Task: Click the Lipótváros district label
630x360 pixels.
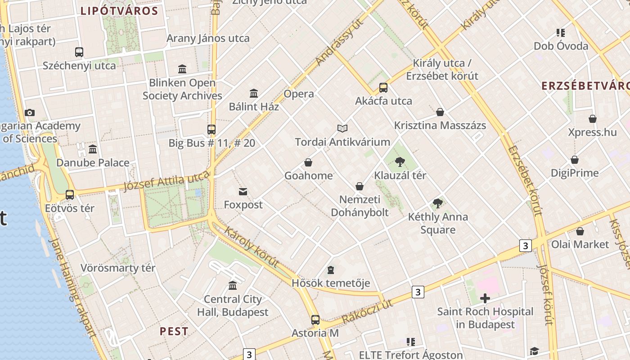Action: click(x=119, y=11)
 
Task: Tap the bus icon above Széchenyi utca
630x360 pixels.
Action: click(x=79, y=52)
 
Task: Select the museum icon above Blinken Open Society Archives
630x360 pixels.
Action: click(x=182, y=69)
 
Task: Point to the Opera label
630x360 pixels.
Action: click(x=299, y=94)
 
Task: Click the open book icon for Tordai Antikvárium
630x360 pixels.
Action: click(x=342, y=129)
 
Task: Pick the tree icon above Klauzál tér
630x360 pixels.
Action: click(x=400, y=162)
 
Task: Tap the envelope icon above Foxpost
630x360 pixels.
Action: click(x=243, y=192)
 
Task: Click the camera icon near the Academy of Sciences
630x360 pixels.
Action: click(x=30, y=112)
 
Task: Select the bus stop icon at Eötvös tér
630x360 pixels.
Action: click(x=70, y=195)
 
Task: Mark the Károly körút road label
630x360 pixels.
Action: click(x=251, y=247)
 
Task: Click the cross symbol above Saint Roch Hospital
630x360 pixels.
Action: click(x=485, y=298)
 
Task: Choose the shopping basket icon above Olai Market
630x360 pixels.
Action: click(x=580, y=231)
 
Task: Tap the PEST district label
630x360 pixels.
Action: click(x=174, y=332)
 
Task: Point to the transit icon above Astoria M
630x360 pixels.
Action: click(x=315, y=320)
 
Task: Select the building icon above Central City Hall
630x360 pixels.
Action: click(x=233, y=285)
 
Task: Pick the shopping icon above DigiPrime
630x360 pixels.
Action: click(x=575, y=160)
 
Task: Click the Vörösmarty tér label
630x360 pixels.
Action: click(x=118, y=268)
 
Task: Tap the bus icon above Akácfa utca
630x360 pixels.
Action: click(x=383, y=87)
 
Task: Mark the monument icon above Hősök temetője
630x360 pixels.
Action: click(x=331, y=270)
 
